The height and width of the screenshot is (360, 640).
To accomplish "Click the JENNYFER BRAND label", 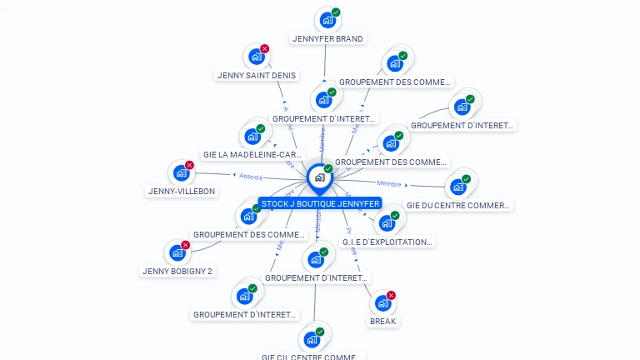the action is (328, 38).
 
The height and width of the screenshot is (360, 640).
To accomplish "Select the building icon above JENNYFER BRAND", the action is (327, 19).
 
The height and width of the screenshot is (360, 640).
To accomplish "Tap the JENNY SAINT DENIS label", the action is (256, 75).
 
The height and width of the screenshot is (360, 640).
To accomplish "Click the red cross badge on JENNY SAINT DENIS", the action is (265, 49).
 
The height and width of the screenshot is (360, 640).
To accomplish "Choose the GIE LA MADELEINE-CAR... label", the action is (252, 155).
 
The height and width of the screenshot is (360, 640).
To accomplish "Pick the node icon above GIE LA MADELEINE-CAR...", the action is (252, 136).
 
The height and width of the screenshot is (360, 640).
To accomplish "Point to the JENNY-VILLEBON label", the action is (182, 191).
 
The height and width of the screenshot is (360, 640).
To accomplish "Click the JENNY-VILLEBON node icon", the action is (181, 172).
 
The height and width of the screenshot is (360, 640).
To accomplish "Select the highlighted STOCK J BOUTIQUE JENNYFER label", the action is (320, 203).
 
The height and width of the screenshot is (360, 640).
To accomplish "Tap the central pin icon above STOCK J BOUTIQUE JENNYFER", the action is (319, 177).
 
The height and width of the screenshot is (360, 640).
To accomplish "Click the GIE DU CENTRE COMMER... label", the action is (458, 205).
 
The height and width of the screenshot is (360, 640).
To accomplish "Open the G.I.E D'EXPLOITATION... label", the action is (387, 242).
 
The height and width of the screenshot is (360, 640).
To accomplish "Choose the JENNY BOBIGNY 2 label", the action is (177, 271).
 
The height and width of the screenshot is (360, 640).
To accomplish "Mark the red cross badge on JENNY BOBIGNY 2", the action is (186, 245).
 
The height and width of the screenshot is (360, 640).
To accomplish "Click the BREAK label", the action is (383, 321).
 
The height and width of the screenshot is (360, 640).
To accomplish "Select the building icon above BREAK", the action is (382, 302).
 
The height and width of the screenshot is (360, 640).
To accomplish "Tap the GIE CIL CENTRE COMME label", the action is (312, 357).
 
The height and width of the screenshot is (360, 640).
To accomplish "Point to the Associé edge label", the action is (251, 177).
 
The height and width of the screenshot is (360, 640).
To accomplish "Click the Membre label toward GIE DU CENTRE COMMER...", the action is (389, 183).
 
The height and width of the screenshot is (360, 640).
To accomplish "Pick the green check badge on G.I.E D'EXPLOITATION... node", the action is (395, 216).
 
